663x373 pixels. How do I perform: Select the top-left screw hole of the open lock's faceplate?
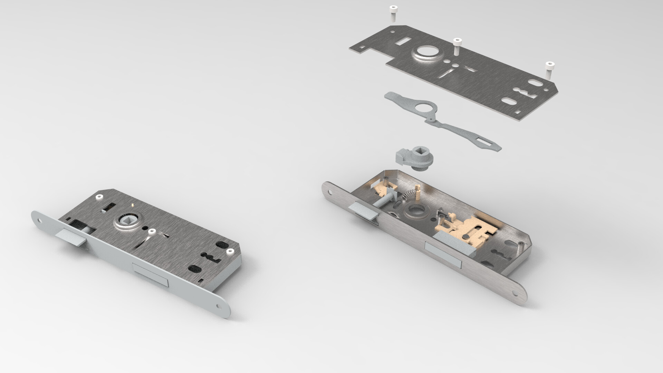point(327,189)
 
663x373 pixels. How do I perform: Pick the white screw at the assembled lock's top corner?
point(99,197)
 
